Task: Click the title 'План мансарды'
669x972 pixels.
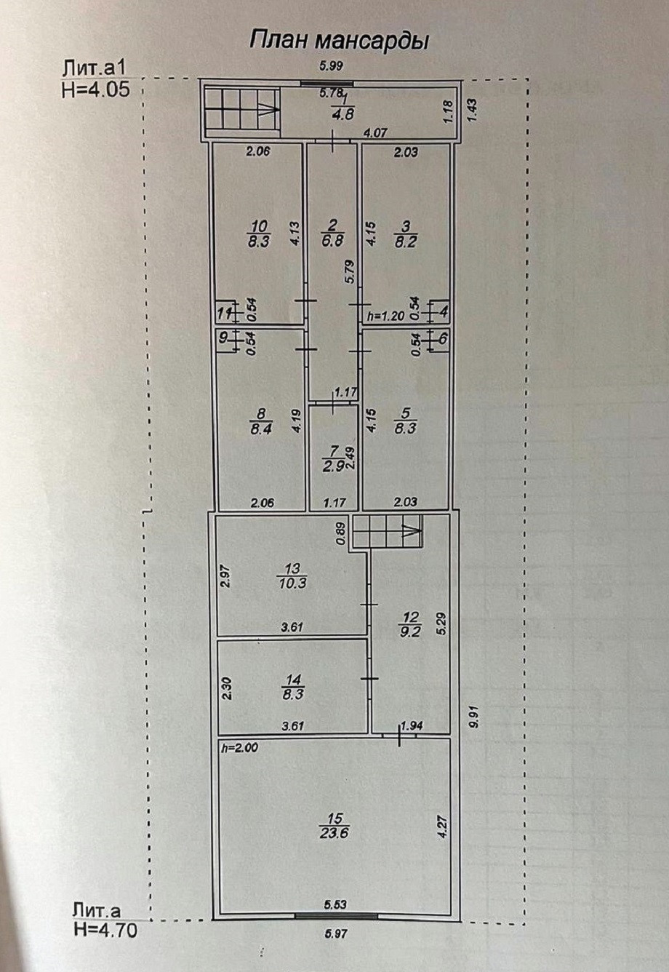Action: [339, 41]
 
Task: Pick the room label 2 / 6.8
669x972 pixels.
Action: [332, 234]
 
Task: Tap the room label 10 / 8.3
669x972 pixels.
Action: [260, 234]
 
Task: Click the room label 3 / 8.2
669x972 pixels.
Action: [405, 234]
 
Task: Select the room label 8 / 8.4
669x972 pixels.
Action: [260, 421]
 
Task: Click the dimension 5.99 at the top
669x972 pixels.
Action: [331, 66]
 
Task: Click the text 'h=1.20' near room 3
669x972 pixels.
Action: [386, 316]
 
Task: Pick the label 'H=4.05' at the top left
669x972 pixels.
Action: [96, 90]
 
